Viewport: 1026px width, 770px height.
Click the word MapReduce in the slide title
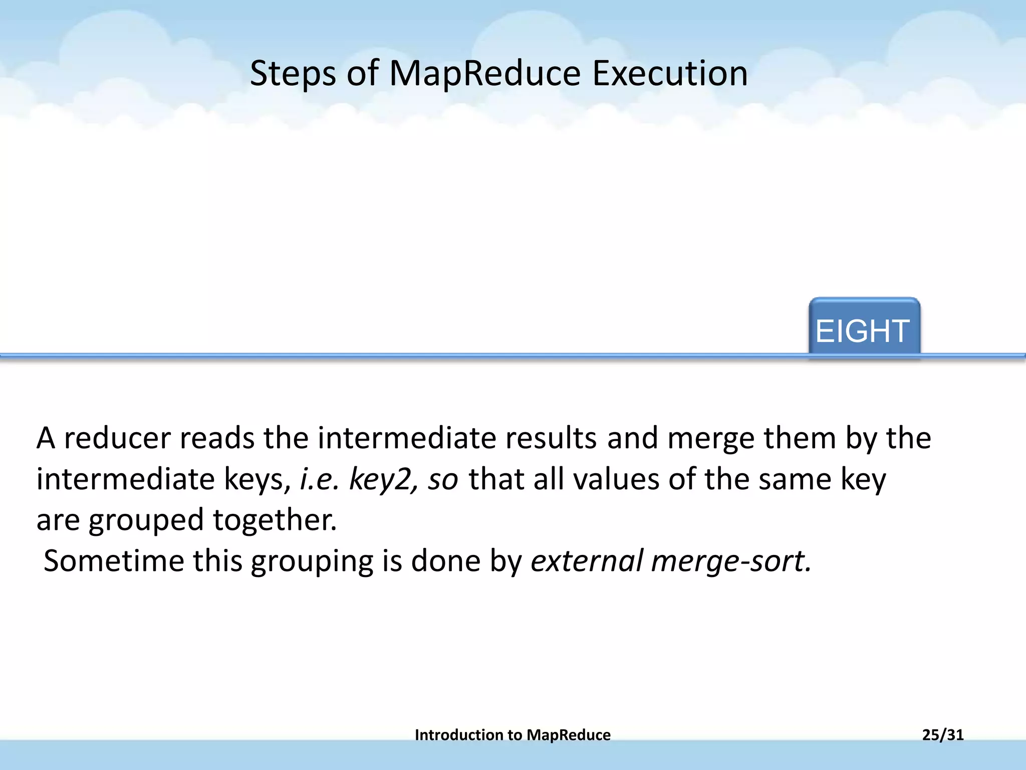[484, 74]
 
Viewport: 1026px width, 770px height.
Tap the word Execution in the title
[670, 74]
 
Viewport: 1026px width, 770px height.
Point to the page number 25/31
[943, 734]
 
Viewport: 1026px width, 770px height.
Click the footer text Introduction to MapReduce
[512, 734]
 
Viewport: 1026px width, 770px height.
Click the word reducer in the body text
[118, 438]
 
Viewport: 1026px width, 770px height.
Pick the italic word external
[587, 561]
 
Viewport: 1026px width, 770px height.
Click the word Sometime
[114, 561]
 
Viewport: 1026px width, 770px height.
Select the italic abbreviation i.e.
[320, 479]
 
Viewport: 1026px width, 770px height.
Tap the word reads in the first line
[217, 438]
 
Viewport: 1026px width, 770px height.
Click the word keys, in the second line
[258, 480]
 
